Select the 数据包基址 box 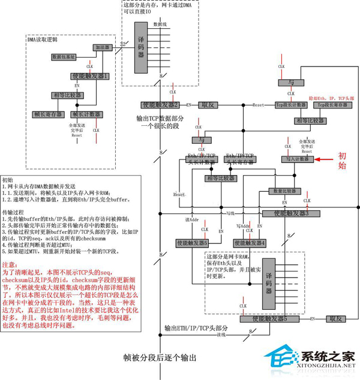pyautogui.click(x=64, y=57)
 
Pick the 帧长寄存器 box pyautogui.click(x=48, y=113)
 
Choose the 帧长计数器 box pyautogui.click(x=83, y=113)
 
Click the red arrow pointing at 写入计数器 pyautogui.click(x=328, y=159)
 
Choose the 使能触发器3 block pyautogui.click(x=290, y=213)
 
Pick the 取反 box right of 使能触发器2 pyautogui.click(x=207, y=104)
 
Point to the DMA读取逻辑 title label pyautogui.click(x=43, y=40)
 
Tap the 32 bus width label pyautogui.click(x=122, y=44)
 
